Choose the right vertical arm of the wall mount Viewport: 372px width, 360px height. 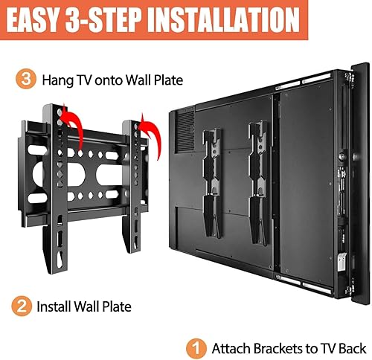point(135,186)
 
